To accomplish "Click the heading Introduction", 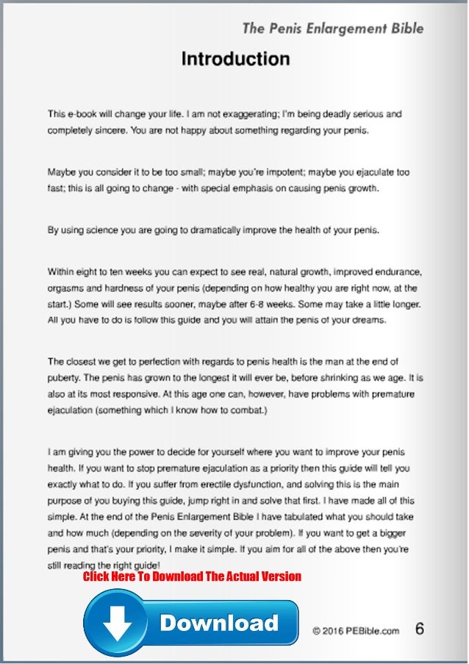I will click(x=235, y=59).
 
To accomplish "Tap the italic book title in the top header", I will click(x=333, y=29).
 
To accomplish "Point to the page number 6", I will click(x=420, y=629).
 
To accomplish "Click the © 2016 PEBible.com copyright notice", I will click(x=356, y=630).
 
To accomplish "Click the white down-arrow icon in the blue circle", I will click(x=116, y=623).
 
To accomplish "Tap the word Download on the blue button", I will click(x=219, y=623).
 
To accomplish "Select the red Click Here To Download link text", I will click(x=192, y=576).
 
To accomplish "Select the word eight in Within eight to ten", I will click(x=93, y=271).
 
